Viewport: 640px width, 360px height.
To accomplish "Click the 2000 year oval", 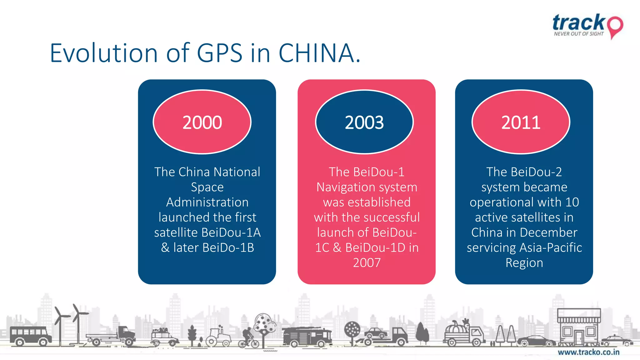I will click(x=202, y=122).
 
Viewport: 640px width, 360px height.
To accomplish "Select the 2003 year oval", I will click(x=364, y=122).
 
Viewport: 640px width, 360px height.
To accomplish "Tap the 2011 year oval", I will click(x=521, y=122).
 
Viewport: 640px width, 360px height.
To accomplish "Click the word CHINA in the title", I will click(x=316, y=53).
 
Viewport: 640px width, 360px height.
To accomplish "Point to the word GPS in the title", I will click(x=220, y=53).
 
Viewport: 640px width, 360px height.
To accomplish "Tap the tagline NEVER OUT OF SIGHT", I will click(x=579, y=34).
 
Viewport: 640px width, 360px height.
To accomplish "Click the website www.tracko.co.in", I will click(x=588, y=352).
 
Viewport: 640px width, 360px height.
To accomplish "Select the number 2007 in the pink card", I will click(x=367, y=263).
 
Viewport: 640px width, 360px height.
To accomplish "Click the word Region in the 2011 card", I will click(x=524, y=263).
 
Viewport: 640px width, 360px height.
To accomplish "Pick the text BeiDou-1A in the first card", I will click(x=231, y=232).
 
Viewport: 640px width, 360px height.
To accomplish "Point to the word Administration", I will click(x=207, y=202).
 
